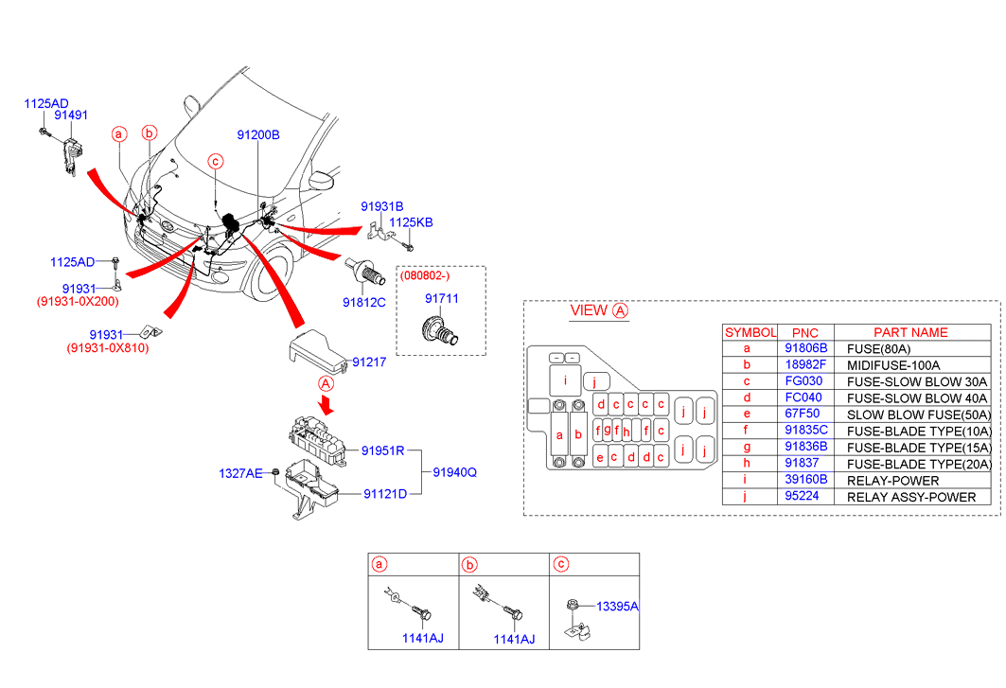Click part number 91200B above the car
pyautogui.click(x=258, y=135)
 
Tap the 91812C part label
pyautogui.click(x=364, y=303)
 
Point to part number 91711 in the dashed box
pyautogui.click(x=441, y=298)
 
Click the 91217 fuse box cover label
pyautogui.click(x=369, y=362)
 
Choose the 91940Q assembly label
pyautogui.click(x=455, y=471)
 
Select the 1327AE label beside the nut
pyautogui.click(x=240, y=472)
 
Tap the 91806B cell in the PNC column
pyautogui.click(x=806, y=348)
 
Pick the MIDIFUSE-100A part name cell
pyautogui.click(x=893, y=365)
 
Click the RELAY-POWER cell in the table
pyautogui.click(x=893, y=481)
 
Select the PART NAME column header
pyautogui.click(x=909, y=332)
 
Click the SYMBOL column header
pyautogui.click(x=750, y=332)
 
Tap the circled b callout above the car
pyautogui.click(x=149, y=133)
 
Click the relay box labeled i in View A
pyautogui.click(x=564, y=381)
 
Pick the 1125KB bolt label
pyautogui.click(x=412, y=222)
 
